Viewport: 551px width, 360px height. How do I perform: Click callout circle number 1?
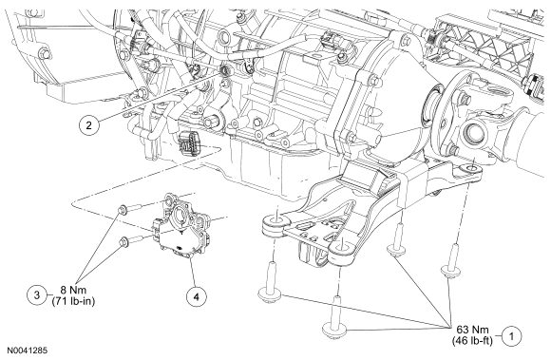tap(511, 336)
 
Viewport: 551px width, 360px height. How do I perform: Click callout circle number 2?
tap(88, 125)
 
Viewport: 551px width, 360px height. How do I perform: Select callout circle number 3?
tap(37, 294)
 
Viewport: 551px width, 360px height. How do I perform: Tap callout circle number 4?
tap(196, 296)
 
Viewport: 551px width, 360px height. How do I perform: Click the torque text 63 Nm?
tap(472, 330)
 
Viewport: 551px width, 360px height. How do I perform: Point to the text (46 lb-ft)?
tap(472, 340)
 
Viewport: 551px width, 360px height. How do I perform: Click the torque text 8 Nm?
tap(73, 290)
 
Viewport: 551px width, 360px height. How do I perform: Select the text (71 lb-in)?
tap(73, 301)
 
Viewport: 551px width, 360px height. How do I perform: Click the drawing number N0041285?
tap(28, 351)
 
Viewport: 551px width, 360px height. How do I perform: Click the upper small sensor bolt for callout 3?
tap(123, 210)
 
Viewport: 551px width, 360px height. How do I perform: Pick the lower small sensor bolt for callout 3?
tap(123, 241)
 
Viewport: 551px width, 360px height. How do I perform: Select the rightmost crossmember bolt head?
tap(451, 271)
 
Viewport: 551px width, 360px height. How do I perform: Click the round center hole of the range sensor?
tap(180, 214)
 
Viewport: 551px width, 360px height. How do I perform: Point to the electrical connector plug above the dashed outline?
tap(190, 143)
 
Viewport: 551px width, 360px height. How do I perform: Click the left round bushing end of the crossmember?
tap(276, 225)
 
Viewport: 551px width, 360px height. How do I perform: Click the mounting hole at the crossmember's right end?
tap(469, 170)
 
